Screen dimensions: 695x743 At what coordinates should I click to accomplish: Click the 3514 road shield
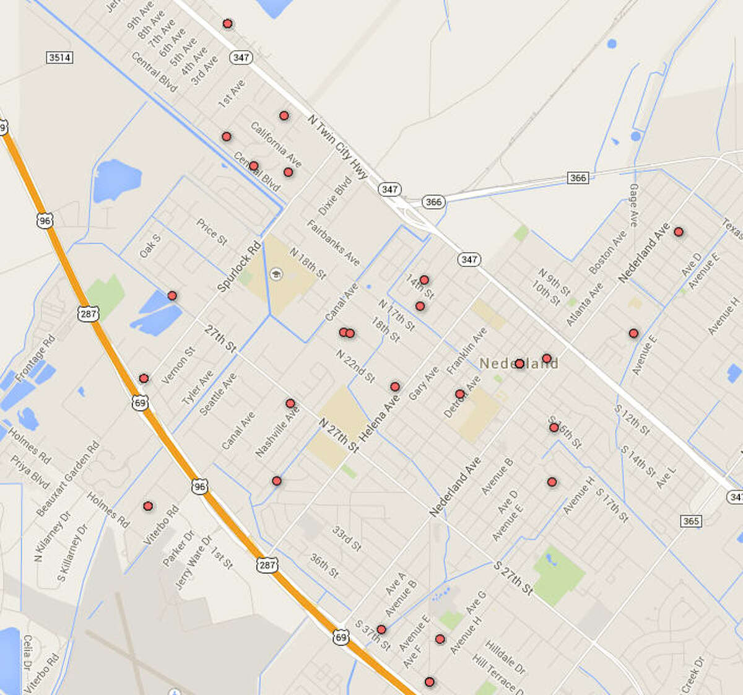click(59, 58)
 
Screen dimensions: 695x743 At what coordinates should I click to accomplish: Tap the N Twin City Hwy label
click(337, 146)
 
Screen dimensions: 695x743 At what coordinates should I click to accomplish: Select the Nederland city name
click(519, 364)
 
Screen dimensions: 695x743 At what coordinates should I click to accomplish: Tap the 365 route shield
click(690, 520)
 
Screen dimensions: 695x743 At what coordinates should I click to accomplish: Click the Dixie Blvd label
click(335, 196)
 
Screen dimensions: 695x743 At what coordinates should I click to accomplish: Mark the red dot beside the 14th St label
click(424, 280)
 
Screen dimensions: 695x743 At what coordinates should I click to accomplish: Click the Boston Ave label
click(607, 252)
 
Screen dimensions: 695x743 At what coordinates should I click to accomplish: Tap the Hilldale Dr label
click(505, 657)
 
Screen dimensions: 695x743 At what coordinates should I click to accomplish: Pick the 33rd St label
click(347, 539)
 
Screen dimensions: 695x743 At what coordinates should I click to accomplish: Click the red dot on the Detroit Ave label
click(459, 394)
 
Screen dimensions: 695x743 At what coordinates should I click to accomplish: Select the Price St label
click(212, 232)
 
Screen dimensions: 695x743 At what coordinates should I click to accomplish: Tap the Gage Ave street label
click(633, 204)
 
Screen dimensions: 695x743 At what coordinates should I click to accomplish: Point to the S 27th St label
click(513, 579)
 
